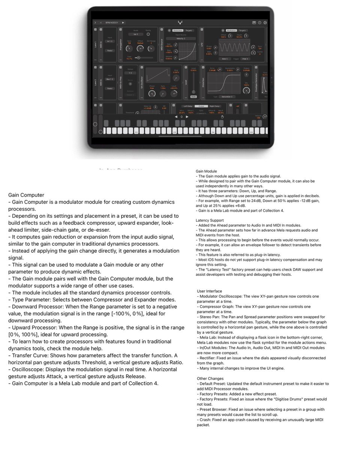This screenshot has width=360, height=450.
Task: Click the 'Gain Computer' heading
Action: [26, 195]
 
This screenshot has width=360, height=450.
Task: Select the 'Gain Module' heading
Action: [206, 171]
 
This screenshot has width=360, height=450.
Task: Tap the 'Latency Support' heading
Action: [210, 220]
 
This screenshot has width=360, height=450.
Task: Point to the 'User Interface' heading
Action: [209, 291]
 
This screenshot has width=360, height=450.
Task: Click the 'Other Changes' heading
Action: [210, 379]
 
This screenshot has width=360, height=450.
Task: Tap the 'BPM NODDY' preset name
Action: [111, 22]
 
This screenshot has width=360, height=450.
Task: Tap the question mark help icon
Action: [259, 22]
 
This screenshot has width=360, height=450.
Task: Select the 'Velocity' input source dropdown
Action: [181, 38]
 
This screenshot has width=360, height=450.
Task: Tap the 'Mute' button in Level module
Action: [193, 96]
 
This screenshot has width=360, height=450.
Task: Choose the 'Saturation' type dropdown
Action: [226, 96]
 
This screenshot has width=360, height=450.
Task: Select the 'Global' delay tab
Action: [201, 106]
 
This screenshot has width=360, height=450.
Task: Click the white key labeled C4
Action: [213, 131]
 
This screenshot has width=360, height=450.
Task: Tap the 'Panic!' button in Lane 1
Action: [110, 50]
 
